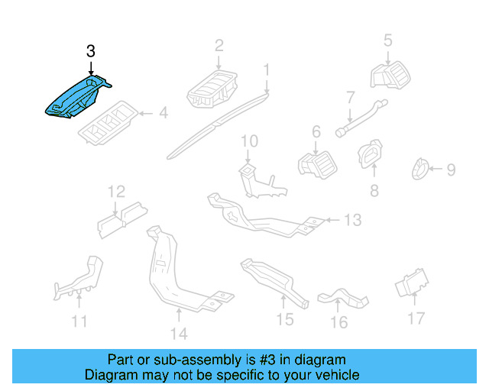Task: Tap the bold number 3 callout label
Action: tap(91, 51)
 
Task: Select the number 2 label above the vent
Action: tap(219, 45)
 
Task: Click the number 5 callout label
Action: tap(387, 40)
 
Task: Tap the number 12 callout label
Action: tap(115, 191)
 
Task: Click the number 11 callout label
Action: tap(79, 322)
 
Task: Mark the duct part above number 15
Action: tap(271, 280)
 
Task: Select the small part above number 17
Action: tap(411, 286)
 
